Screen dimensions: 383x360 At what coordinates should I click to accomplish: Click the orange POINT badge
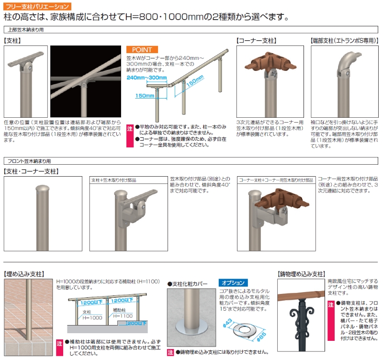point(142,50)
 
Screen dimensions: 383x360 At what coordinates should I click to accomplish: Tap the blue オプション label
point(233,282)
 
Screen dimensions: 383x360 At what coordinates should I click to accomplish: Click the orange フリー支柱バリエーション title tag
point(37,6)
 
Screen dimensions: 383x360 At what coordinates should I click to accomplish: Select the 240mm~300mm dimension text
point(146,78)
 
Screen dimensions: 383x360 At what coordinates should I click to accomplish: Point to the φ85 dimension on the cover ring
point(261,337)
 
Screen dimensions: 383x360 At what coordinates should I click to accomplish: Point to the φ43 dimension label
point(227,323)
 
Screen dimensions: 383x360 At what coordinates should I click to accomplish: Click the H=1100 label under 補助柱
point(123,316)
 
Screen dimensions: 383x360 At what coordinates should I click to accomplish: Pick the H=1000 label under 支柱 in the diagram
point(92,317)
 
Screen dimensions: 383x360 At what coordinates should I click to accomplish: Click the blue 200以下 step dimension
point(136,323)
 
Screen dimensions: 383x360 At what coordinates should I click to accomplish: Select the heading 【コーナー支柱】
point(256,41)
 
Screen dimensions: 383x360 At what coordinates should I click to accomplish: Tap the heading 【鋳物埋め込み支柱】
point(302,274)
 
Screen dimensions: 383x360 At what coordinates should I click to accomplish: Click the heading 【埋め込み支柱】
point(24,274)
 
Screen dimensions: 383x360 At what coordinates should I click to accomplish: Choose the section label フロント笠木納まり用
point(29,161)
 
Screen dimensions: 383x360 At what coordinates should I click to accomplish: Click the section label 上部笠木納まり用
point(26,30)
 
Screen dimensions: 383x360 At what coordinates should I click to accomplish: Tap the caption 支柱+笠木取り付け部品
point(113,180)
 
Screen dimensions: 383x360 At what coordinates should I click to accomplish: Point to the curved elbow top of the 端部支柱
point(348,64)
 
